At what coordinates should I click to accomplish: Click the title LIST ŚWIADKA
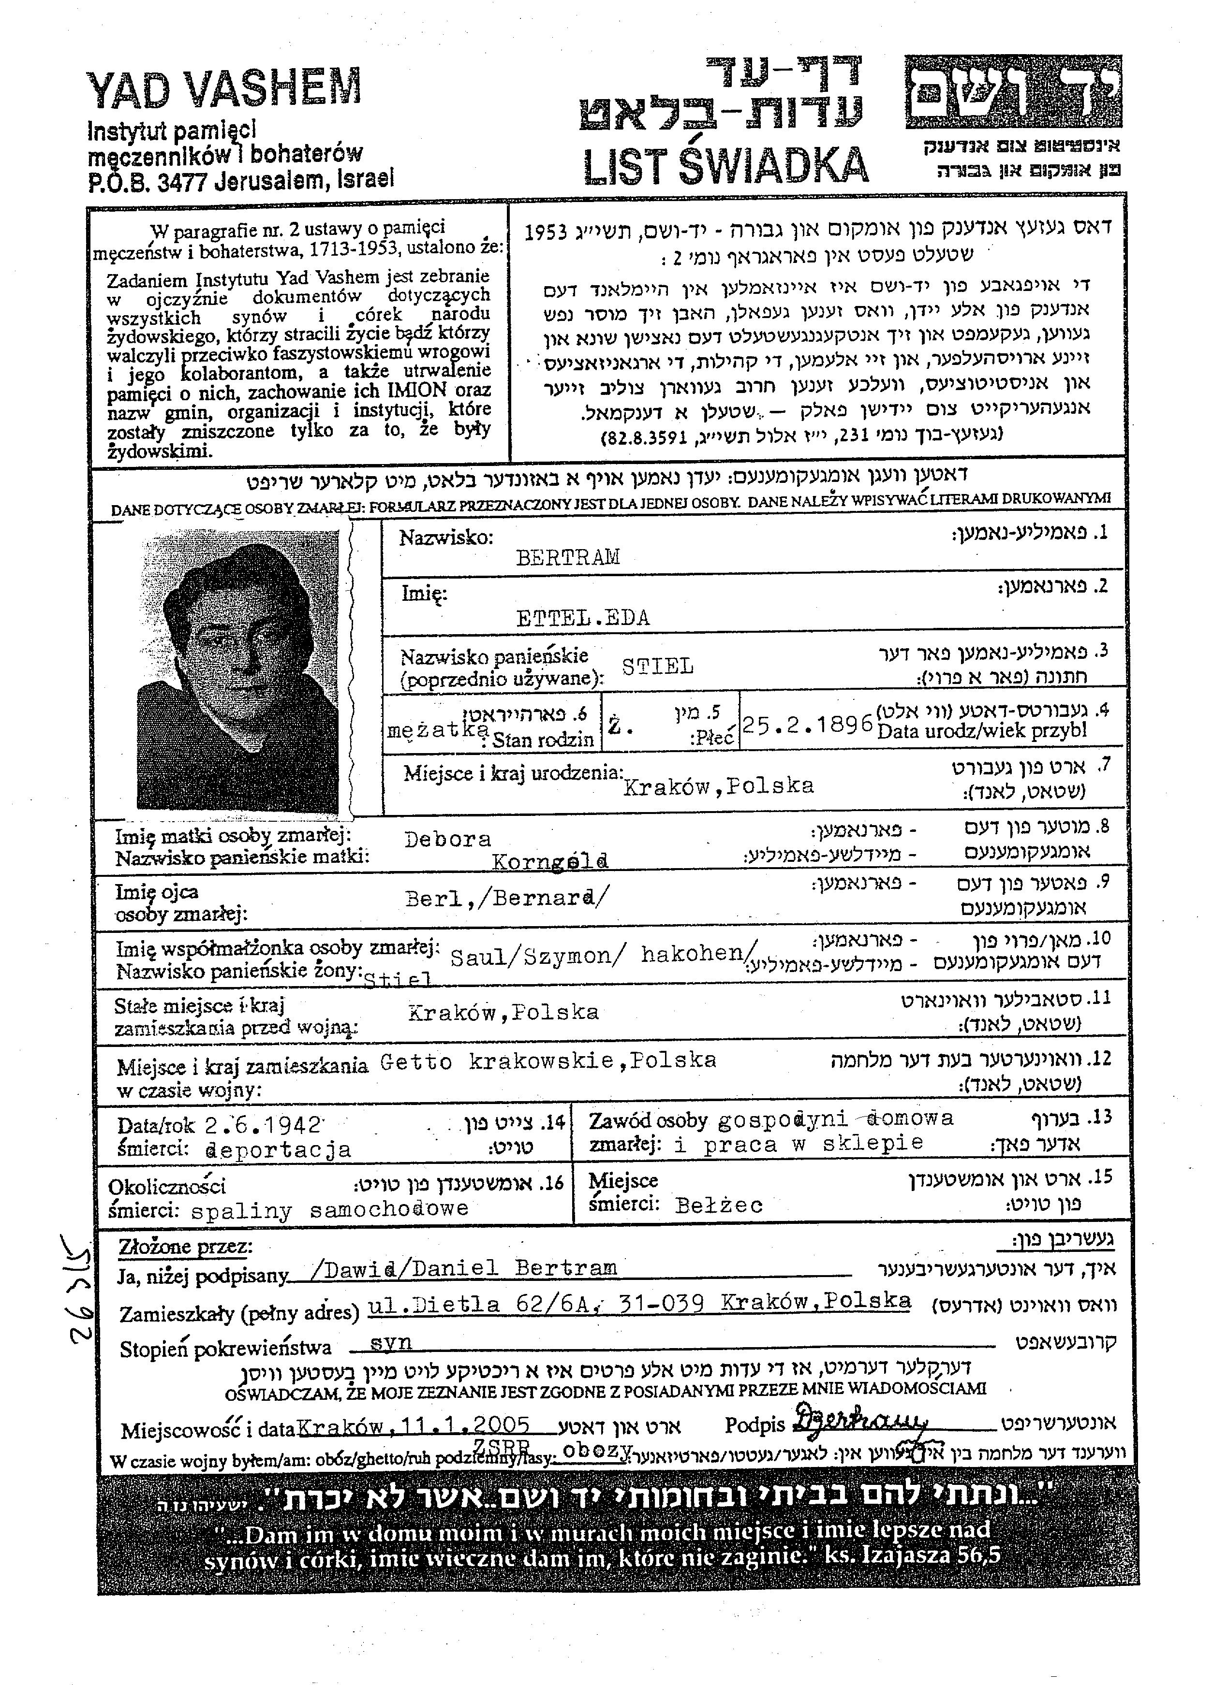725,165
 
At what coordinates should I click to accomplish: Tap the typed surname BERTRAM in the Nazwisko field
568,558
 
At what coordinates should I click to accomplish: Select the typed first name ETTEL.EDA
583,617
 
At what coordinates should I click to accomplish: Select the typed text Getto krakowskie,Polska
548,1061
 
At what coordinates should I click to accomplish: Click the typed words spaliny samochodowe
330,1209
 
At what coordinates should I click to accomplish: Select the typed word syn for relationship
391,1342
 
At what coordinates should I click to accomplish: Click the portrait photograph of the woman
238,671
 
